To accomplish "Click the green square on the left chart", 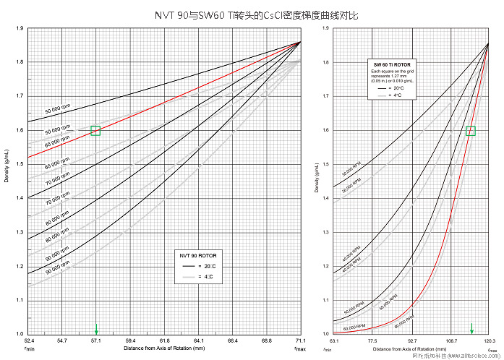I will [x=95, y=131].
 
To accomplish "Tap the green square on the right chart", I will [x=471, y=131].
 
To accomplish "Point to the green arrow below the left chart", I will [x=96, y=330].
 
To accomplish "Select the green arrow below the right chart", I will [x=471, y=327].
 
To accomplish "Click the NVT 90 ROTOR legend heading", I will [x=197, y=255].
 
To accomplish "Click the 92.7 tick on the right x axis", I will [x=411, y=339].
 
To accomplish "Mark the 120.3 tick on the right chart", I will [x=490, y=339].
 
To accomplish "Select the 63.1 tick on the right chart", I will [x=333, y=339].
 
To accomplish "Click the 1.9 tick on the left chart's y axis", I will [x=20, y=28].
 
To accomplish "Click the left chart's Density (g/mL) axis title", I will [x=7, y=181].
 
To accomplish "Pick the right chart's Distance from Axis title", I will [x=411, y=348].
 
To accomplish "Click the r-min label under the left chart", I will [x=29, y=349].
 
